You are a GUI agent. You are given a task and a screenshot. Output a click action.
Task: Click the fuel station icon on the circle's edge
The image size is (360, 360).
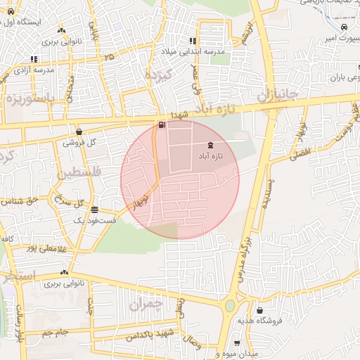click(162, 126)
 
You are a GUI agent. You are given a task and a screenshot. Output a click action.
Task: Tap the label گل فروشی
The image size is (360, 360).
click(79, 141)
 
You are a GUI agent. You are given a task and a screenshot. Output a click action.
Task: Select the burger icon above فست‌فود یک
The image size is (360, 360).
click(94, 210)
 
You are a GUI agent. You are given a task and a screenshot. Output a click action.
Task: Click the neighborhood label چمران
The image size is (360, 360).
click(146, 304)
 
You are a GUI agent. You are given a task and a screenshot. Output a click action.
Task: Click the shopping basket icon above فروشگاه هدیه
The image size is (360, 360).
click(260, 310)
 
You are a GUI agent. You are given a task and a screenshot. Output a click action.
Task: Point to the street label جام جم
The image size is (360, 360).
click(52, 333)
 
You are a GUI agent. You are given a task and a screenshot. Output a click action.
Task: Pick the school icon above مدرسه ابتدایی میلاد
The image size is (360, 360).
click(193, 41)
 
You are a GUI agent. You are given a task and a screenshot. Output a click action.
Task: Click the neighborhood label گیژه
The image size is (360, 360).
click(157, 74)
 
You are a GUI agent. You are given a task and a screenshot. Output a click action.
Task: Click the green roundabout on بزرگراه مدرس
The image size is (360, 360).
click(229, 307)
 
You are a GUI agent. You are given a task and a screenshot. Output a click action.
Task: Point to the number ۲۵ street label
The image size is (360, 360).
click(108, 56)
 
